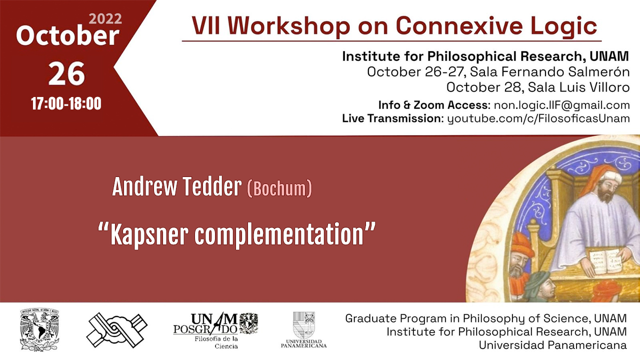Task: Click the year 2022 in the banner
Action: point(105,19)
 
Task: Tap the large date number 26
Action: point(66,73)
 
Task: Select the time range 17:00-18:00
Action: point(66,103)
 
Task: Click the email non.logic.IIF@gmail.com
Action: point(561,105)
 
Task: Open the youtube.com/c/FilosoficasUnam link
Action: point(538,118)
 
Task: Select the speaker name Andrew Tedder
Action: point(177,187)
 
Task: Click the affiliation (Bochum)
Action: point(279,188)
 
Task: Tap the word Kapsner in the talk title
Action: point(149,234)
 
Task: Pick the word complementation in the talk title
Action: point(279,234)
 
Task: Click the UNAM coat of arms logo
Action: point(39,329)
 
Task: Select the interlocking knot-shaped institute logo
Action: point(116,329)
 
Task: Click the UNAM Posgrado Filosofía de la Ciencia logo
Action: point(215,330)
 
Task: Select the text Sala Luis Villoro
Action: point(578,87)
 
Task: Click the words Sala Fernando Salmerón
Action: point(549,71)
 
